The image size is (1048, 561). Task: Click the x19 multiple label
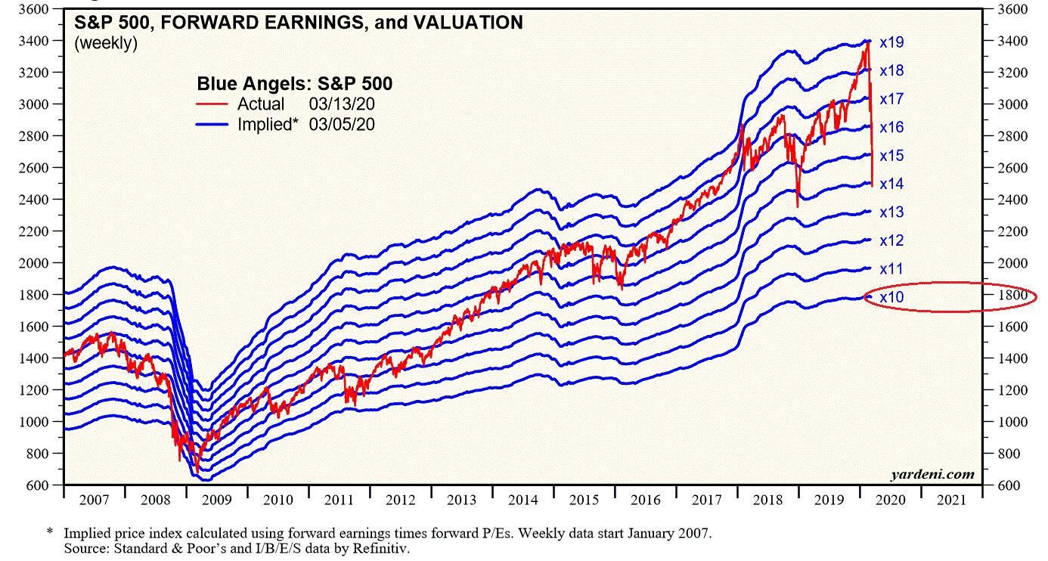click(892, 42)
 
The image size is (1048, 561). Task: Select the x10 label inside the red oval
click(892, 298)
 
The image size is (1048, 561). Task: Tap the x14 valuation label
click(892, 184)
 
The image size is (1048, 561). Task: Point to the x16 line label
click(892, 128)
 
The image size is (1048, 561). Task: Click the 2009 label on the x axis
click(216, 500)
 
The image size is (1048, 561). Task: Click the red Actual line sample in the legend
click(212, 104)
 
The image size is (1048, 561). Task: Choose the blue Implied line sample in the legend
click(212, 124)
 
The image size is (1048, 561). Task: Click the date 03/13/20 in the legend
click(341, 104)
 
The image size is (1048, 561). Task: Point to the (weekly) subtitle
click(105, 43)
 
